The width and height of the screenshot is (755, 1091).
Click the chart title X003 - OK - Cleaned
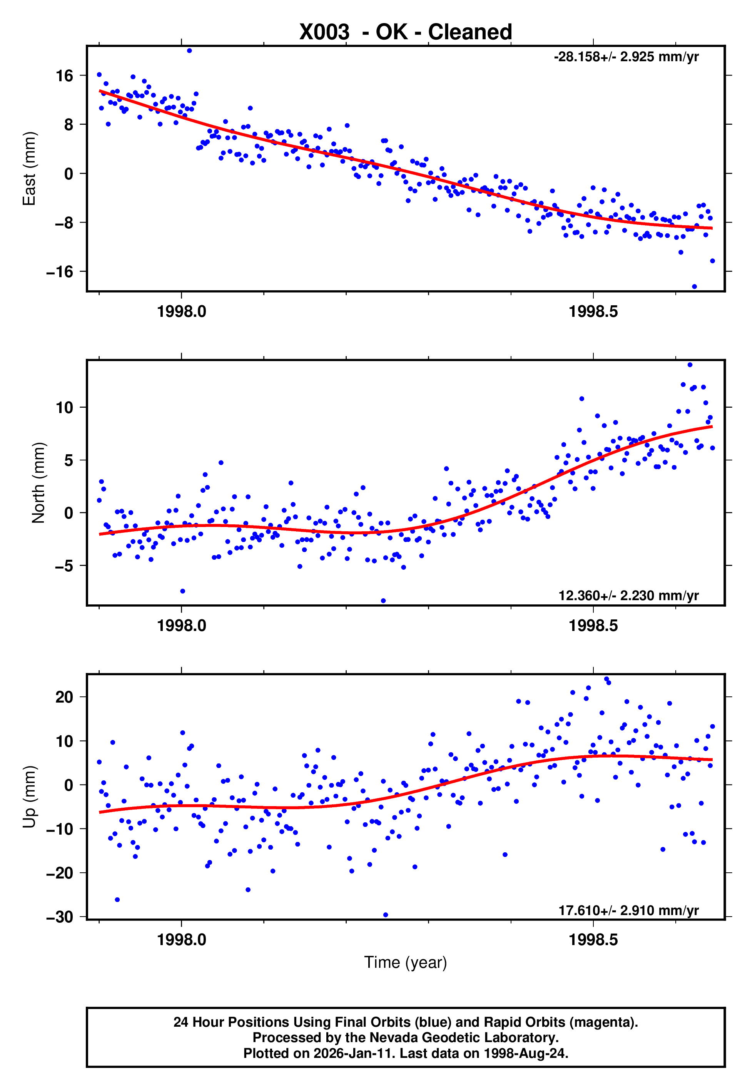406,32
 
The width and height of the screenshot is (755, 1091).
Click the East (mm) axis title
29,169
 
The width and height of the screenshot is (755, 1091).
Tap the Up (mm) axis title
29,797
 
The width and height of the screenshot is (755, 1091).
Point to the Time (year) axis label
406,962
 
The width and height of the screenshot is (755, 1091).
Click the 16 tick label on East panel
64,76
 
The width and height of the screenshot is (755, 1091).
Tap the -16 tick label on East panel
60,272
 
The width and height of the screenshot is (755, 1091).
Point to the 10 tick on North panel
64,407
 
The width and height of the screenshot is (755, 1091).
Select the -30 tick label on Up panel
60,917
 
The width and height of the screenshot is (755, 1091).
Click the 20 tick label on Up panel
64,697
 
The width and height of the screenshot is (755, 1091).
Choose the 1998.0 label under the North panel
182,626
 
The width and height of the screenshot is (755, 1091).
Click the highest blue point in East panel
189,50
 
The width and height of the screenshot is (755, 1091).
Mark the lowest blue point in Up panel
386,915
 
